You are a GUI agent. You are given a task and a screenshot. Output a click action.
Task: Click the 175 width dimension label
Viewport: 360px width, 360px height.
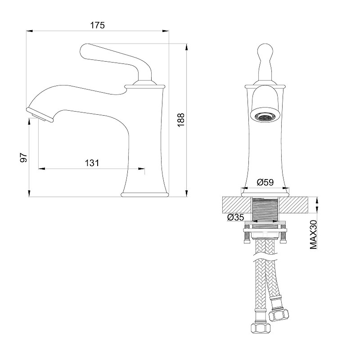[97, 25]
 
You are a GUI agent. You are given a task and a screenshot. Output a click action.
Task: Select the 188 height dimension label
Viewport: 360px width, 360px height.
[181, 120]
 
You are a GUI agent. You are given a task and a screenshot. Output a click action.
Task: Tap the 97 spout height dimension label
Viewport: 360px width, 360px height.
[24, 157]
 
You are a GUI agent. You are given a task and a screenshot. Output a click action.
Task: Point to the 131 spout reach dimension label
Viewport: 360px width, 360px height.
[92, 163]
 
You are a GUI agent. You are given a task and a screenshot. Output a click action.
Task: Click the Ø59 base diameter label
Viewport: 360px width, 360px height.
[265, 182]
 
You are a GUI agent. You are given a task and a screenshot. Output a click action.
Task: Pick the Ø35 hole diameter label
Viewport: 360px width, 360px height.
[235, 217]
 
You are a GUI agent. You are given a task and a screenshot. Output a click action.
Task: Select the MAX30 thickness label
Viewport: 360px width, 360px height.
[313, 234]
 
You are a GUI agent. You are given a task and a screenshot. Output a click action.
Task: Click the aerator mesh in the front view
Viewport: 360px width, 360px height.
[265, 117]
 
